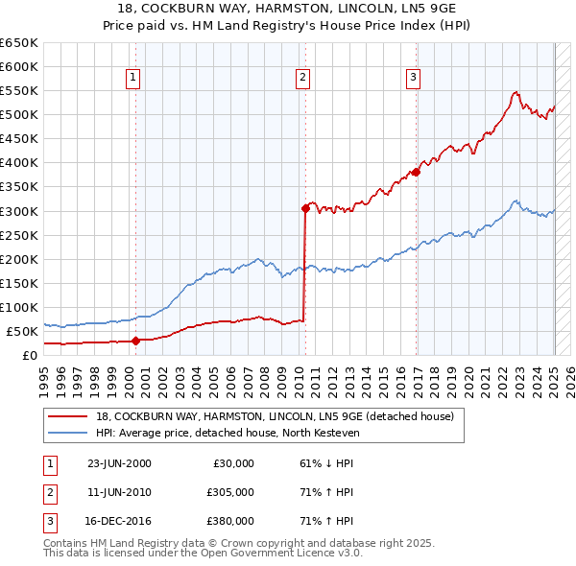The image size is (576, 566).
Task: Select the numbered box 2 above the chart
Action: [x=302, y=79]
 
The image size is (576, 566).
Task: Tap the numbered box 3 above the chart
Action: [x=413, y=79]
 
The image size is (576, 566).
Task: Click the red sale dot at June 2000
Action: [x=135, y=340]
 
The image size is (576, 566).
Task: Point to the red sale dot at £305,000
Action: [x=305, y=207]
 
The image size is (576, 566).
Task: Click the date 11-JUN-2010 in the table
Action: [x=119, y=492]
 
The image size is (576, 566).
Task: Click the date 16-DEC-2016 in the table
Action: [x=119, y=521]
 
